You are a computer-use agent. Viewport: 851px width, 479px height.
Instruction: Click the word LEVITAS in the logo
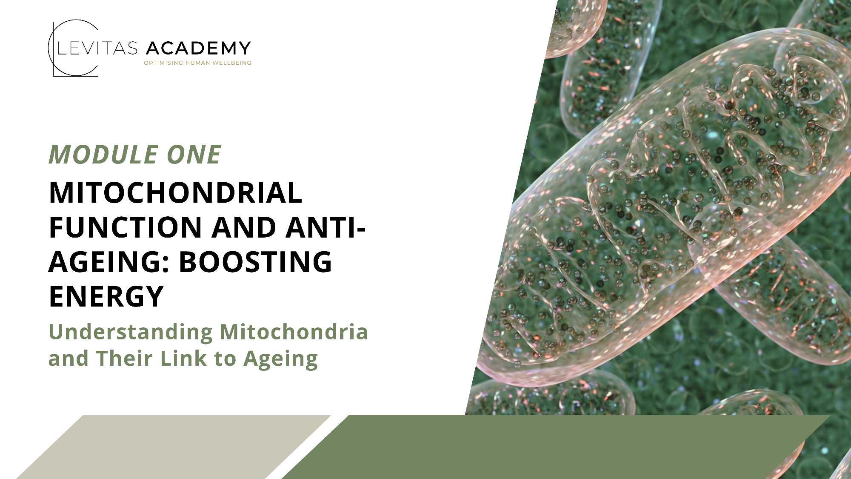coord(97,49)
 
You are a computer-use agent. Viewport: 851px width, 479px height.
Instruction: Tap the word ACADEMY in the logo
coord(198,49)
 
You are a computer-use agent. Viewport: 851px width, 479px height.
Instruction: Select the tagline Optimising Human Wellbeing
coord(197,63)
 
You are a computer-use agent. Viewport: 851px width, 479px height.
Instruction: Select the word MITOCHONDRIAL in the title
coord(176,193)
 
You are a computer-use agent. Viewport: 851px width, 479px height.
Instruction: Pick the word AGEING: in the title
coord(109,262)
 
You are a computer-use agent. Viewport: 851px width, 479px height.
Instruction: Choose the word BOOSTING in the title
coord(255,262)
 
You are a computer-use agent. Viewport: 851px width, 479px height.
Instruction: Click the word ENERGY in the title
coord(106,296)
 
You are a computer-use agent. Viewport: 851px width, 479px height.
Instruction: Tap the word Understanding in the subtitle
coord(131,333)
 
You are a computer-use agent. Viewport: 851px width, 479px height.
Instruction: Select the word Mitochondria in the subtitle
coord(294,332)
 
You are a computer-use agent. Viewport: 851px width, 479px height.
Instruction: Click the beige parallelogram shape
coord(174,447)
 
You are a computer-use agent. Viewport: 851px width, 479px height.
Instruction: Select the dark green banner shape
coord(556,447)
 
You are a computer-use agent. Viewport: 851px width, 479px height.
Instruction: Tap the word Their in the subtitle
coord(124,358)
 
